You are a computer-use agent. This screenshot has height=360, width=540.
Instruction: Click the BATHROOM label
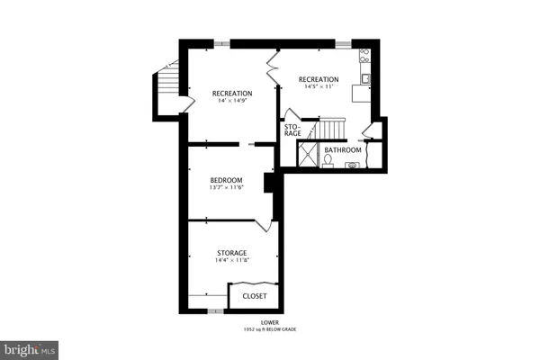tap(343, 150)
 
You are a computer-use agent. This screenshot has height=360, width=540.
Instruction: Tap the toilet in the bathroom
tap(328, 160)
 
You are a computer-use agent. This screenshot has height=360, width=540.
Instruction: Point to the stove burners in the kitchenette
tap(364, 55)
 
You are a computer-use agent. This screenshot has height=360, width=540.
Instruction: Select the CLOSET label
tap(254, 295)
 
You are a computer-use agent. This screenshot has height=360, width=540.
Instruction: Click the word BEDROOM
tap(227, 180)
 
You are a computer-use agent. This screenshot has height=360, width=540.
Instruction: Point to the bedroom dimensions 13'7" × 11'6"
tap(227, 187)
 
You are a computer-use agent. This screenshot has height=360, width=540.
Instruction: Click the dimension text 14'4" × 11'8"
tap(231, 260)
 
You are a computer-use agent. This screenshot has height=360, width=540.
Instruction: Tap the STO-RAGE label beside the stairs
tap(292, 130)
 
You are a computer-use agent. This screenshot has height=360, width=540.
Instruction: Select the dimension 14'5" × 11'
tap(319, 86)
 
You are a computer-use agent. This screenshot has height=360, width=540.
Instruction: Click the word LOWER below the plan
tap(269, 323)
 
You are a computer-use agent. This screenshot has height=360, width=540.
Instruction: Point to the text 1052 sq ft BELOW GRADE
tap(269, 330)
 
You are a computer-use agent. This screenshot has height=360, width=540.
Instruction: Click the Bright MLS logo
tap(29, 347)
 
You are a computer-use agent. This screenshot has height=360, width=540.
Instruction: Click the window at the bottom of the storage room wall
tap(214, 310)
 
